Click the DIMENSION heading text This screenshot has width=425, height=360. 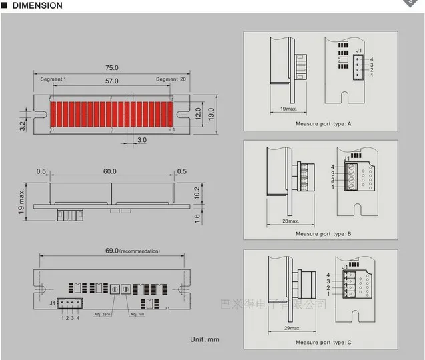pos(36,5)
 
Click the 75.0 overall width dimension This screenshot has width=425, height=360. pos(111,68)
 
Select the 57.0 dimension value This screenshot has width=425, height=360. pos(111,81)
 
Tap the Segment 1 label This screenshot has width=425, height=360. pos(53,79)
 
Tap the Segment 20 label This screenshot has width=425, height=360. pos(171,79)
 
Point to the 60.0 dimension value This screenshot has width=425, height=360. pos(109,171)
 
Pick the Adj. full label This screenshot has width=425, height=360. pos(137,314)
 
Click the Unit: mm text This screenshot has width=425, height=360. pos(204,339)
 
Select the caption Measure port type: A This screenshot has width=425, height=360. pos(323,124)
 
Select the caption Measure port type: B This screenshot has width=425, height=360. pos(323,234)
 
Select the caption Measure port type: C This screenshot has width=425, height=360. pos(323,344)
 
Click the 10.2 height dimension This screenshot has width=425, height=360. pos(198,192)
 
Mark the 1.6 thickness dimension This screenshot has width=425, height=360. pos(198,217)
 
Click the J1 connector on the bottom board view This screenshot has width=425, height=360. pos(69,304)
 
